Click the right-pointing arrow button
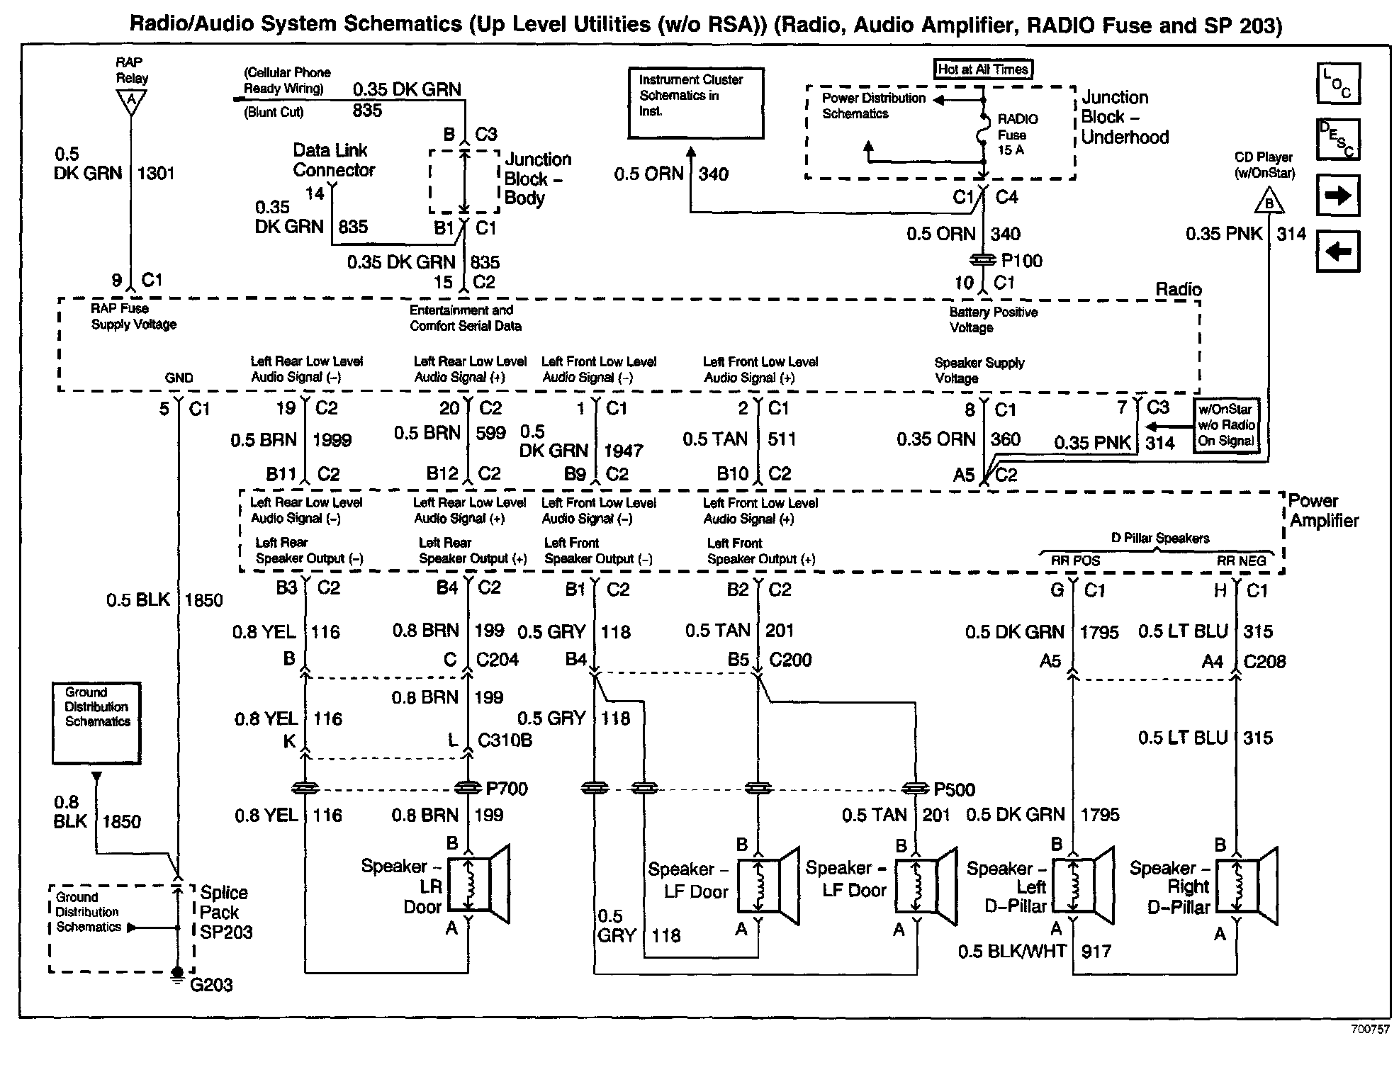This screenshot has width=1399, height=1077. [1338, 195]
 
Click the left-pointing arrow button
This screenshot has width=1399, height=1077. [1338, 252]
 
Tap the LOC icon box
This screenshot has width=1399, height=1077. [1338, 84]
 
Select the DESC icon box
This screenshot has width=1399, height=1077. [1338, 139]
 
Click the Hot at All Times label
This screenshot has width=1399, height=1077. [982, 69]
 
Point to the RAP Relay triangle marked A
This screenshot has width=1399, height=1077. [130, 102]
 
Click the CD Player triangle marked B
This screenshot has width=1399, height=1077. [1269, 203]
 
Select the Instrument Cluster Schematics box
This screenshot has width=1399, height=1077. [696, 103]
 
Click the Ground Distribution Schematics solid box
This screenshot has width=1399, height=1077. [96, 723]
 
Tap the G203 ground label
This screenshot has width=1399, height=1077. [211, 985]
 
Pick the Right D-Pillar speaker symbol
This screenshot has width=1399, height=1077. [1246, 886]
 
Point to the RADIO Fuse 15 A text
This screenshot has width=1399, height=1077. [1017, 135]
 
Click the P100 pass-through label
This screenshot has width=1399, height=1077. [1021, 261]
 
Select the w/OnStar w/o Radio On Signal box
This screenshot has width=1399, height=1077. [1227, 425]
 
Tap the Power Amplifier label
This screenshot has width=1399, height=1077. [1323, 511]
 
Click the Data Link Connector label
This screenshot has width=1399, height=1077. [333, 160]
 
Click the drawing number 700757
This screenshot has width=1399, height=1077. [1369, 1030]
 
